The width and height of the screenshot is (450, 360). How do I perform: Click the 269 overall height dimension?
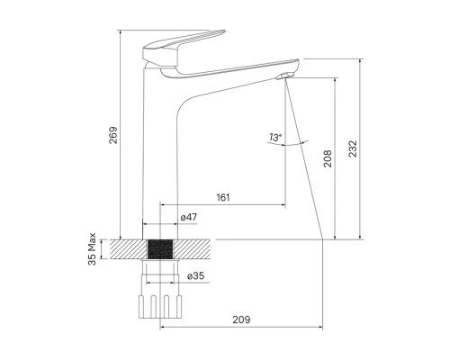(113, 135)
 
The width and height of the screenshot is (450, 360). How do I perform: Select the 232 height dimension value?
(353, 148)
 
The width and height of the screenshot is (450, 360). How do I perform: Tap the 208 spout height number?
(328, 158)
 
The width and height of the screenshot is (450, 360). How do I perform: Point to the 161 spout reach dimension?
(223, 197)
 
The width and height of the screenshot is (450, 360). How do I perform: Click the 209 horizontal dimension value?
(241, 319)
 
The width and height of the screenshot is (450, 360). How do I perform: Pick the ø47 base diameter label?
(189, 217)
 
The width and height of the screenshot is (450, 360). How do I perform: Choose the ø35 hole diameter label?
(195, 275)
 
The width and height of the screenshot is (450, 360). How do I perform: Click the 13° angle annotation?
(275, 138)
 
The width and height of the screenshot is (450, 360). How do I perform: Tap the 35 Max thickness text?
(92, 249)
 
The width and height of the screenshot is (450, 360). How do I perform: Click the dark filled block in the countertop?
(160, 249)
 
